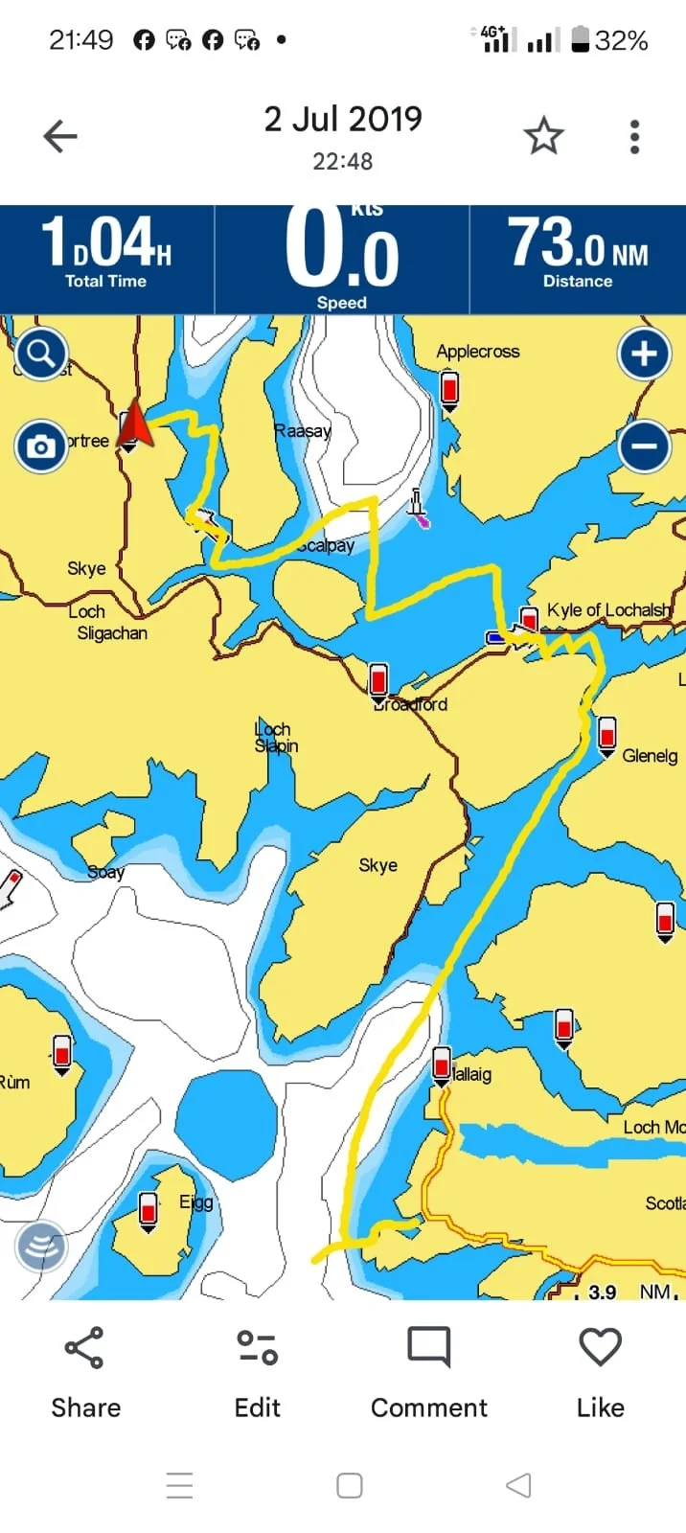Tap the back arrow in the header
59,137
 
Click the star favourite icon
543,137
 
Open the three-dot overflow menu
634,137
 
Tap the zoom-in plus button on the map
644,354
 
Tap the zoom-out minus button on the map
644,446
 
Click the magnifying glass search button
40,355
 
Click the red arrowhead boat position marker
135,425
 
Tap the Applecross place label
477,352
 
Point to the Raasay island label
302,431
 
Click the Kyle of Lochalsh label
608,610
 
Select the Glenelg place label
650,756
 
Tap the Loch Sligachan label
110,623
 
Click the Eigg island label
196,1201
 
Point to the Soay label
105,872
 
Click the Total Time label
105,281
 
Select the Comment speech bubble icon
428,1346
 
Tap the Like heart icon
601,1346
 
